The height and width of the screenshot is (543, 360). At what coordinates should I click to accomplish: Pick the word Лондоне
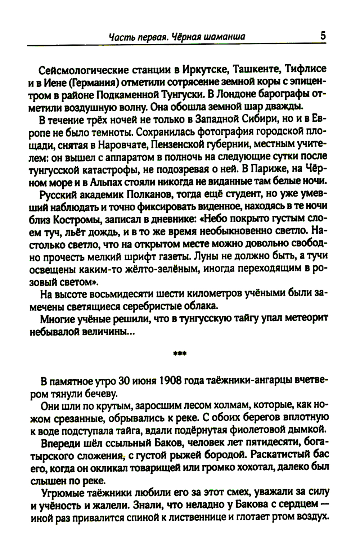[236, 94]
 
